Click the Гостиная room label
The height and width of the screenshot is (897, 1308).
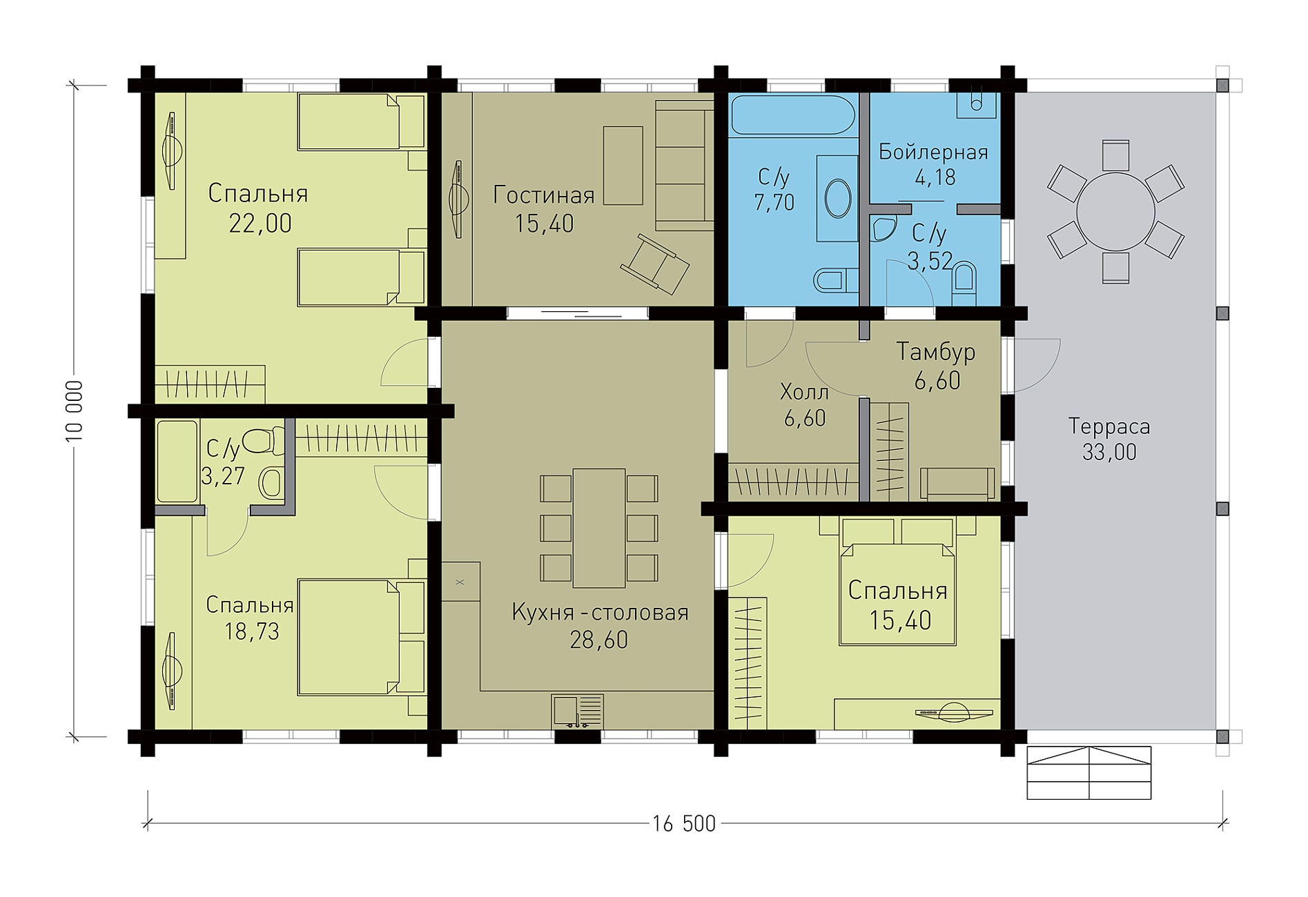(544, 195)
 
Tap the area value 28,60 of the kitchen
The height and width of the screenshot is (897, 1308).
(599, 640)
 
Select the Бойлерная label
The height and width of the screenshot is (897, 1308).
(933, 152)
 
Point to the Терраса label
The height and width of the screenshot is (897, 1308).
(1109, 426)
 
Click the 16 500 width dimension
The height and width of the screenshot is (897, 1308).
(684, 824)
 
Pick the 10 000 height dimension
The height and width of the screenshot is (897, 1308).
(74, 411)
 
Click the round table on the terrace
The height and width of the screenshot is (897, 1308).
(1115, 211)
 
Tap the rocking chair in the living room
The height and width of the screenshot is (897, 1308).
(654, 264)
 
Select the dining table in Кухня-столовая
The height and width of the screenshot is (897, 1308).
(598, 528)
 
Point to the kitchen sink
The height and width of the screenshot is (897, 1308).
(578, 711)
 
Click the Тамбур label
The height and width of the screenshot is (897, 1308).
(936, 352)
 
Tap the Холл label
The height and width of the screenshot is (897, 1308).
(804, 393)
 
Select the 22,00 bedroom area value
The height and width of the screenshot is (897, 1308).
(260, 224)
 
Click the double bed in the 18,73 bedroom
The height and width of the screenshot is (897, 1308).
(362, 637)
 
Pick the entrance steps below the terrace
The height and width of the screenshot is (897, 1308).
(1089, 773)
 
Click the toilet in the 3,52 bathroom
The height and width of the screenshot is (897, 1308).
(964, 283)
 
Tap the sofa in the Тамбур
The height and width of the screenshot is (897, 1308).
(957, 483)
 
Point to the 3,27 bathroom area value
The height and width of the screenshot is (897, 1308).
(223, 475)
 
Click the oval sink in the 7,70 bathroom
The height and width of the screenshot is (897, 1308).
(838, 199)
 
